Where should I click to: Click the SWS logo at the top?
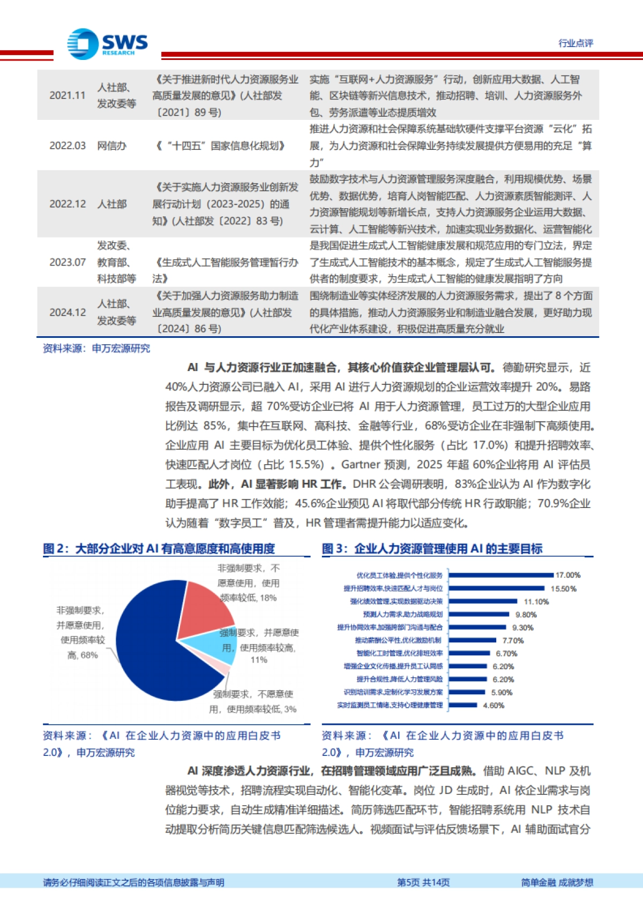click(x=107, y=44)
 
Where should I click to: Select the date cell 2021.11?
click(x=68, y=95)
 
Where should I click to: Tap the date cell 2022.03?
click(x=68, y=146)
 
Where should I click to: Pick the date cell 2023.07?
click(x=68, y=262)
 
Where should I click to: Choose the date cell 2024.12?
click(x=68, y=313)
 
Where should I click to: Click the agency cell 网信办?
click(x=111, y=146)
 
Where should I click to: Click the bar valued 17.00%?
click(x=501, y=575)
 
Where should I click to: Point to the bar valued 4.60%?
click(x=463, y=705)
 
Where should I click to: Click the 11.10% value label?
click(x=536, y=602)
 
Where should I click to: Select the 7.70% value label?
click(x=513, y=640)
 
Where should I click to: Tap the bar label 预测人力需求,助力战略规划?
click(x=403, y=615)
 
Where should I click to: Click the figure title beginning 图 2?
click(x=159, y=549)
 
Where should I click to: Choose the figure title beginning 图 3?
click(x=432, y=549)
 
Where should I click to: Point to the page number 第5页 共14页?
click(x=423, y=882)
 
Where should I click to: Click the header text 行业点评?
click(x=575, y=43)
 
